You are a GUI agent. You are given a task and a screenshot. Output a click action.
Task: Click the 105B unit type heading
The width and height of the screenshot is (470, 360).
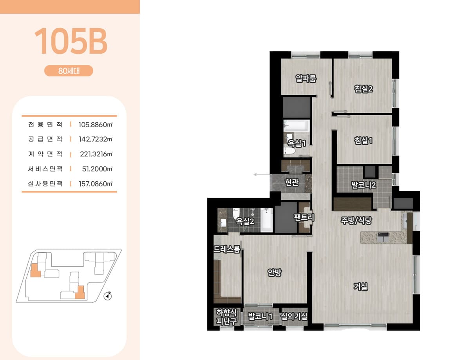click(x=71, y=41)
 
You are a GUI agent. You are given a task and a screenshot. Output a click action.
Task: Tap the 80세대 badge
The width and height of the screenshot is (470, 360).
click(x=69, y=71)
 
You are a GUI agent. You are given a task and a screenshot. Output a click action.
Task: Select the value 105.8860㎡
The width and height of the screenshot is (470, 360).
click(x=96, y=125)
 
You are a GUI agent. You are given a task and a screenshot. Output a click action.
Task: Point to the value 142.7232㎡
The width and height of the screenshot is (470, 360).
click(x=96, y=139)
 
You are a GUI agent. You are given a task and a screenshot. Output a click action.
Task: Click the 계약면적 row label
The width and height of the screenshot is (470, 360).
click(x=45, y=154)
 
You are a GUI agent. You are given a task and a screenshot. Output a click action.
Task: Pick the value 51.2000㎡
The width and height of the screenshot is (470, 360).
click(x=97, y=169)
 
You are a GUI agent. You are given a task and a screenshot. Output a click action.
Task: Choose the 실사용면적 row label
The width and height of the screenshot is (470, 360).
click(x=45, y=184)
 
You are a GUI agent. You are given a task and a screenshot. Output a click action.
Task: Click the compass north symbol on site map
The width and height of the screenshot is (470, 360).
click(x=107, y=296)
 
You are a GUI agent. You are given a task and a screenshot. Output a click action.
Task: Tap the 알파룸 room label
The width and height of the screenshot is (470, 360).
click(x=306, y=78)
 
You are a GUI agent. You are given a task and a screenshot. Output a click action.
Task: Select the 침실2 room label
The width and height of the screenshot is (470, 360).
click(x=363, y=89)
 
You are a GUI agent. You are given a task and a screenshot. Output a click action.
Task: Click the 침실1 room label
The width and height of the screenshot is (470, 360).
click(x=363, y=141)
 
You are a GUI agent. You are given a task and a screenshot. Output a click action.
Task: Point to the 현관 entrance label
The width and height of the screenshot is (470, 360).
click(x=292, y=182)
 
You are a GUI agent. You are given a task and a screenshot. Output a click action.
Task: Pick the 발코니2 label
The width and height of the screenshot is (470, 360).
click(x=363, y=185)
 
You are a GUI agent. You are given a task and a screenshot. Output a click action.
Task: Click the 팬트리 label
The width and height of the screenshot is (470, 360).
click(x=304, y=217)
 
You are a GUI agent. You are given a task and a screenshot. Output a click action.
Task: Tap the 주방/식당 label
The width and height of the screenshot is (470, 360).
click(x=356, y=221)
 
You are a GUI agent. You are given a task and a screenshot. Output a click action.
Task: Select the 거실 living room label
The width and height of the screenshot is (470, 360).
click(x=360, y=287)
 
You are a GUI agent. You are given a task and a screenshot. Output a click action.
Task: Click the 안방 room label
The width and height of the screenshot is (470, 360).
click(x=275, y=272)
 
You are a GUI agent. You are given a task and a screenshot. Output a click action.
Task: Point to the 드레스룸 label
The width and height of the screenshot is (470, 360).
click(x=227, y=249)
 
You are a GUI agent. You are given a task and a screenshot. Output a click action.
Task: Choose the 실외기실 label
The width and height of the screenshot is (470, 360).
click(x=294, y=317)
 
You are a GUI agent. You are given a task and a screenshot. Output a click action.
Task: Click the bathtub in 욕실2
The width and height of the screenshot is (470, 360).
click(x=266, y=220)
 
